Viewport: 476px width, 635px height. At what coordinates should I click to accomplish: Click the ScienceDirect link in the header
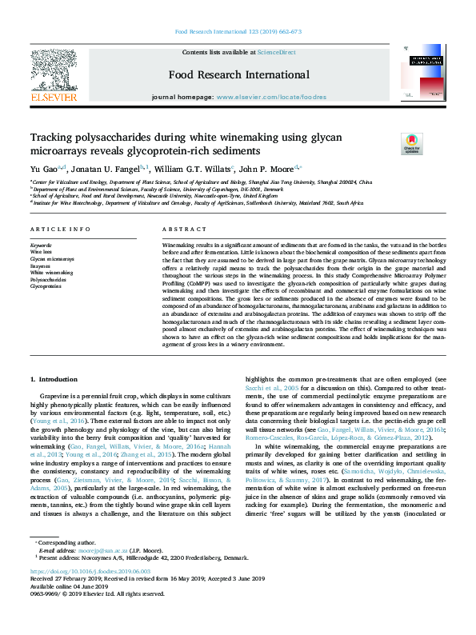point(276,52)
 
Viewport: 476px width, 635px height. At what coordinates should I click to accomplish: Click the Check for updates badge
point(411,143)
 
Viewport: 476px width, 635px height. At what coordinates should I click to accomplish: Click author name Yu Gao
point(45,170)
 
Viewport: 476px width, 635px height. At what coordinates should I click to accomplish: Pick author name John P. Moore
point(268,170)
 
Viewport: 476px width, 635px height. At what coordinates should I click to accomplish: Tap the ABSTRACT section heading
point(179,229)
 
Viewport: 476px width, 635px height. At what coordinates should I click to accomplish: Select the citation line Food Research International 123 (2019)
point(237,32)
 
